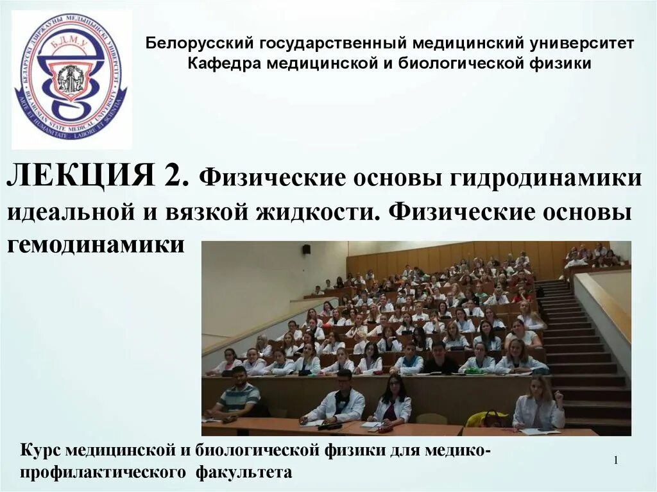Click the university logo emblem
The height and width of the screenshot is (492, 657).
pos(71,78)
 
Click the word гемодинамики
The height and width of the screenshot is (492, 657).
pos(96,245)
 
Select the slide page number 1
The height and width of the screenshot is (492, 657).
pos(615,461)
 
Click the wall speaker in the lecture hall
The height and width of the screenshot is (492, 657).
pos(307,248)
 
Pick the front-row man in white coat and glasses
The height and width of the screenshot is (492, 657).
pos(338,401)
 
